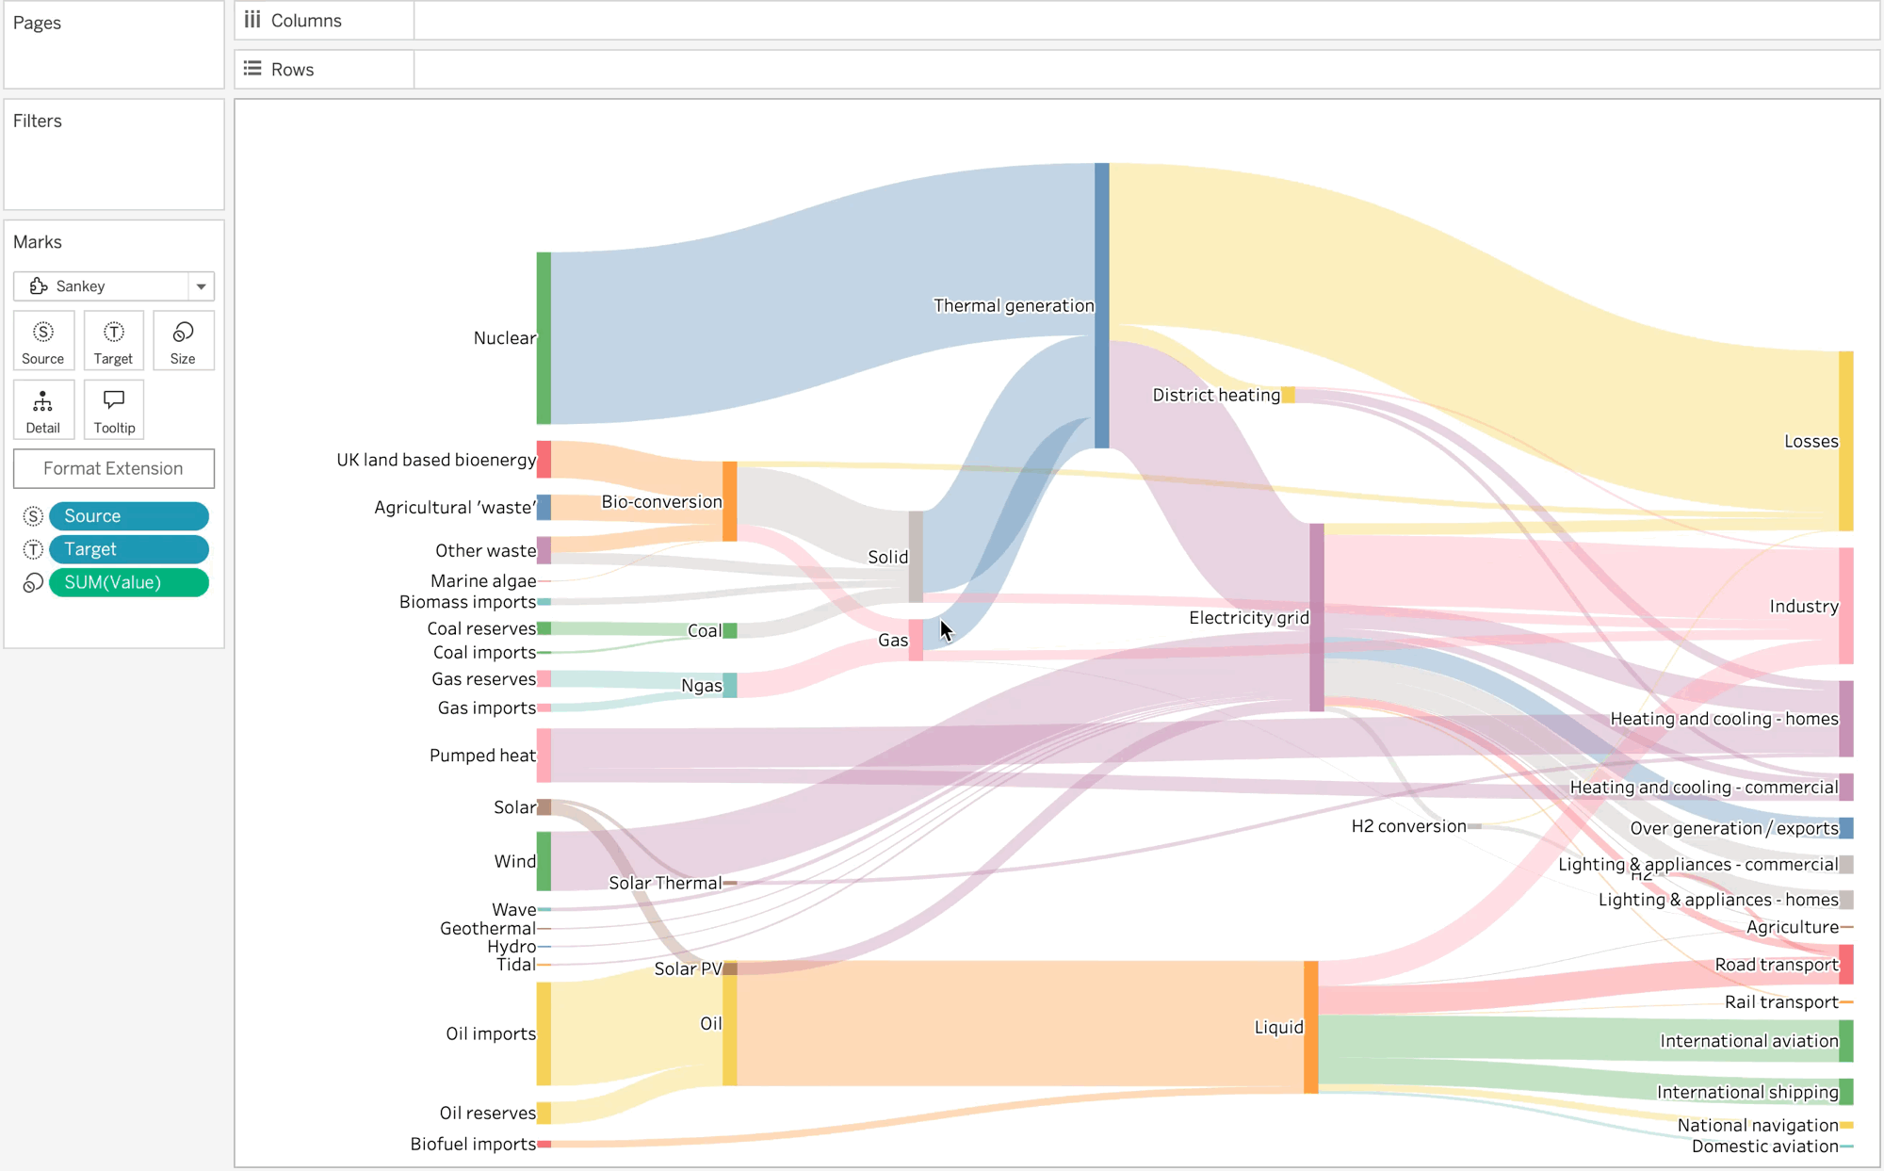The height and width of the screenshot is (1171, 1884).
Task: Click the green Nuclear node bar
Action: (544, 337)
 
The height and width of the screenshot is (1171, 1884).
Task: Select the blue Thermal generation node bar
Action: (1101, 305)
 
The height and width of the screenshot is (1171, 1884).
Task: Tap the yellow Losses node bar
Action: (1845, 441)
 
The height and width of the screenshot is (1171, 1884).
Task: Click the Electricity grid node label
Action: (1248, 618)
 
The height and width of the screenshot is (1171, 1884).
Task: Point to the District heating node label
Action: (1215, 396)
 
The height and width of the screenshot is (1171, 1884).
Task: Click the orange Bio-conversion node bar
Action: (729, 501)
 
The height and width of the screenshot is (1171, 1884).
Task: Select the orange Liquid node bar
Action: (1310, 1027)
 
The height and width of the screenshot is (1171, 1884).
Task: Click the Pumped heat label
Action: (482, 756)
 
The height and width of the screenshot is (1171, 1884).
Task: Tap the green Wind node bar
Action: (544, 861)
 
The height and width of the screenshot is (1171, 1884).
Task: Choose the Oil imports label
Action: (490, 1033)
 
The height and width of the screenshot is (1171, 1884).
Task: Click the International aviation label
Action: (1748, 1041)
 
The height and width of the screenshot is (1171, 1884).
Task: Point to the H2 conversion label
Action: (1408, 826)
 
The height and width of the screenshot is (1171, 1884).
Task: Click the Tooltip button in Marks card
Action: (114, 410)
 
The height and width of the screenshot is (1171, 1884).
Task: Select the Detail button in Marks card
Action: (43, 410)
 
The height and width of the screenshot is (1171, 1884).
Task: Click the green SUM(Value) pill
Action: (129, 583)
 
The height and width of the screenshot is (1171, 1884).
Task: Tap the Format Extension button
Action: (114, 468)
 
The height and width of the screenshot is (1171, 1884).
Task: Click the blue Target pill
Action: (129, 549)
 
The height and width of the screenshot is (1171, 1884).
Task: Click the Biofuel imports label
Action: (472, 1145)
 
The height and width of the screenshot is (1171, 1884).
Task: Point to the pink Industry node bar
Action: (1845, 606)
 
